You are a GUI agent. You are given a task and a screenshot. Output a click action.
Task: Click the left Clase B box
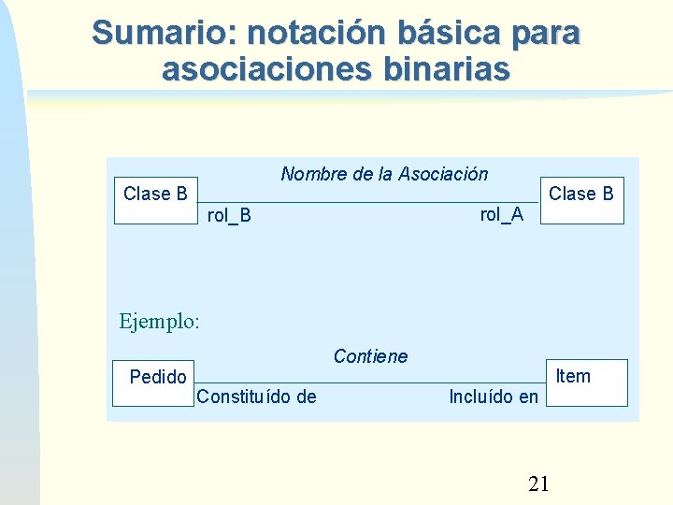[155, 200]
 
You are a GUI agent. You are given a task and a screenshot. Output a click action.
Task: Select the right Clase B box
[581, 200]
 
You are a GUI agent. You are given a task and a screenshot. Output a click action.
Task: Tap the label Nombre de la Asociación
[384, 174]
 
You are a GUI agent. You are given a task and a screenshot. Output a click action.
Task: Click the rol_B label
[229, 216]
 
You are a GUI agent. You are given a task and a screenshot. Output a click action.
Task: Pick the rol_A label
[502, 214]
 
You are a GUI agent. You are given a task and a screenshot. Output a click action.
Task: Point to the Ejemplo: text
[160, 322]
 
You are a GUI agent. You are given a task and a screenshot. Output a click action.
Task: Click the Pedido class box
[153, 382]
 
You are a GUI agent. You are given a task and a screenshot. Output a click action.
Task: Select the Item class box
[586, 382]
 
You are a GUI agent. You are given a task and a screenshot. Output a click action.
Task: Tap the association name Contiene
[370, 356]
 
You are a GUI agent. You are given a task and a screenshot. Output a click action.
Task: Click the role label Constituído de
[256, 397]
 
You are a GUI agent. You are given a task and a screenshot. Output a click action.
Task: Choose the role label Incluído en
[494, 397]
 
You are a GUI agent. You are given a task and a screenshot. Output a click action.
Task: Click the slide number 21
[538, 483]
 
